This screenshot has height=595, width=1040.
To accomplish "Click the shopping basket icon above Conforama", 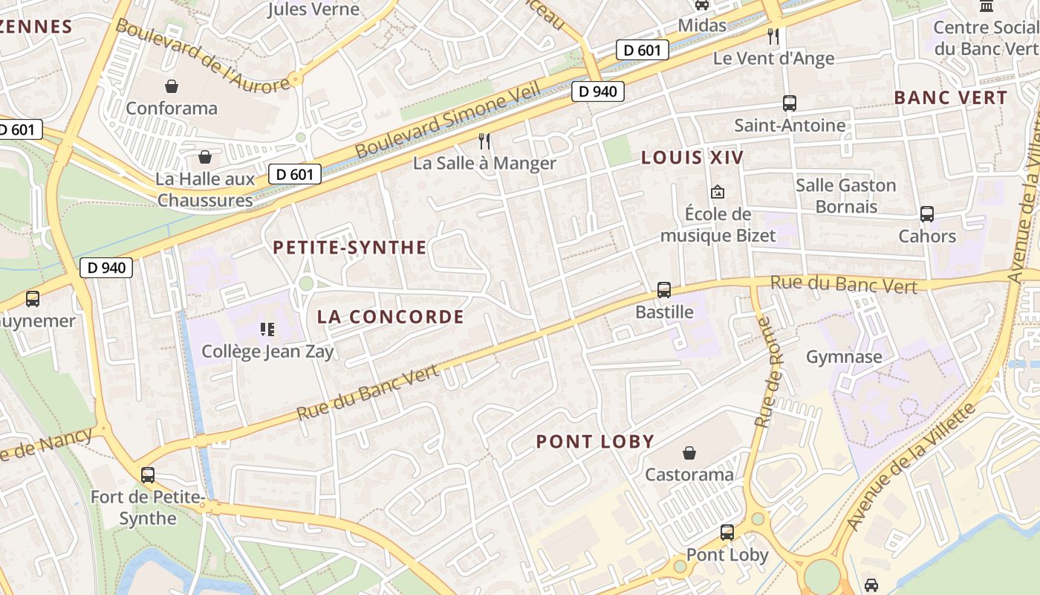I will click(172, 86).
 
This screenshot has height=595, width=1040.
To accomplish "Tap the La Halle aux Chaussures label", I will click(205, 190).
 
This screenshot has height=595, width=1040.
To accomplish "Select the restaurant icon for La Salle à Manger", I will click(484, 141).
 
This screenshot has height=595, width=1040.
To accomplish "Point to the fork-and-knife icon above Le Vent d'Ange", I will click(773, 36).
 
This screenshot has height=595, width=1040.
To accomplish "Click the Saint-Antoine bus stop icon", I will click(790, 103).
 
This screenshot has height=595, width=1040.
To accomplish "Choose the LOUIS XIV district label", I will click(692, 158).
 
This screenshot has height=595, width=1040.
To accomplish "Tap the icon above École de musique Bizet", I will click(718, 192).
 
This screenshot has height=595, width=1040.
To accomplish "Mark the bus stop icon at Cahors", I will click(927, 214).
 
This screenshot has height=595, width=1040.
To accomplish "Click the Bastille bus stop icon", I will click(664, 290).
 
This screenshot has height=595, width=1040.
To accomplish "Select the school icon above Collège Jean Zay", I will click(267, 329).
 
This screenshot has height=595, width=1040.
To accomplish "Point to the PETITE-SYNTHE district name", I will click(350, 248).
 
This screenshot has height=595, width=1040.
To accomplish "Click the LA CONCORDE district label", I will click(391, 317).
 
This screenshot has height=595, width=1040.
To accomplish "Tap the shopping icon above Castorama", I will click(689, 452).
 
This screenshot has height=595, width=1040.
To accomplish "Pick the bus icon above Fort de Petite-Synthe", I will click(148, 475).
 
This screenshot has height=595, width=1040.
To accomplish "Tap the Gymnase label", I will click(844, 357).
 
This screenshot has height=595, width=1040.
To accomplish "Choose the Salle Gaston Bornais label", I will click(846, 196).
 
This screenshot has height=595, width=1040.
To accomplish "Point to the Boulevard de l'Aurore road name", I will click(201, 57).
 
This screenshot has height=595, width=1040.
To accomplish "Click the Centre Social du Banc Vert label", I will click(987, 38).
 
